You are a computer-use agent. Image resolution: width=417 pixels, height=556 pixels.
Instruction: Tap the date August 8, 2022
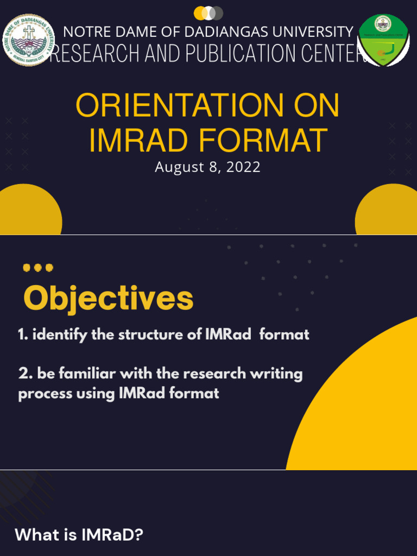point(207,167)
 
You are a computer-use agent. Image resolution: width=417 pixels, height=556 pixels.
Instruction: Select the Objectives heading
point(109,298)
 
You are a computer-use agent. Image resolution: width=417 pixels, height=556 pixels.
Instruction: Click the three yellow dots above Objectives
point(38,268)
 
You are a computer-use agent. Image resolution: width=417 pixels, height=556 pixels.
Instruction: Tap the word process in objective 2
point(40,394)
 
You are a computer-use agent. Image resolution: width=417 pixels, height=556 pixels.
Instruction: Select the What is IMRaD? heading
point(79,535)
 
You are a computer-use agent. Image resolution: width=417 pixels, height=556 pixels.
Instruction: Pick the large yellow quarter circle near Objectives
point(364,413)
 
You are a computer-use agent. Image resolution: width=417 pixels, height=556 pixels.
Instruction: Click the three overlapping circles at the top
point(208,13)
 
